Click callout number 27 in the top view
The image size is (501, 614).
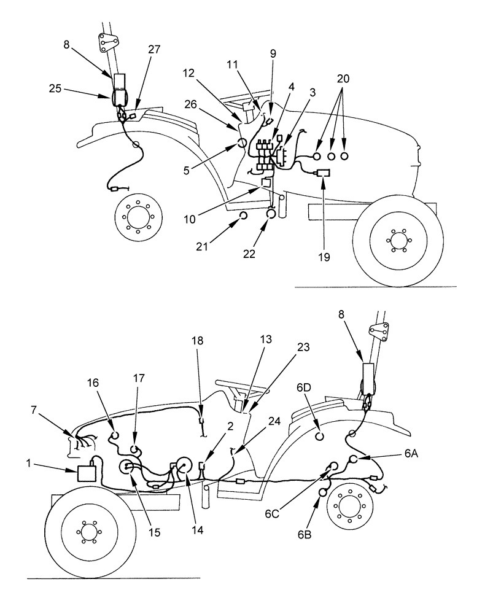(x=154, y=50)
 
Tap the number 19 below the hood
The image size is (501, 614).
(x=324, y=257)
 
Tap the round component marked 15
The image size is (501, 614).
(x=129, y=468)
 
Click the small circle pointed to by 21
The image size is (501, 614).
(x=243, y=216)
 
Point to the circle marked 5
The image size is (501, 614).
(x=242, y=144)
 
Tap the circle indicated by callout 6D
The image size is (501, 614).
(x=319, y=437)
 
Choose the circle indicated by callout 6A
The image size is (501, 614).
(x=354, y=460)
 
